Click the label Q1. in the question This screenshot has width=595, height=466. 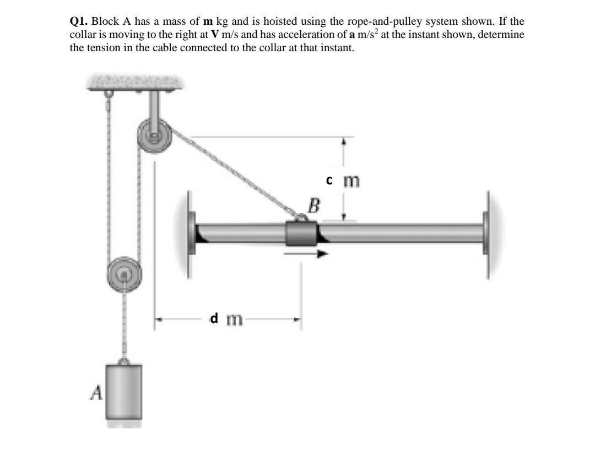tap(79, 22)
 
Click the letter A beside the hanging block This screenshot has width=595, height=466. tap(97, 392)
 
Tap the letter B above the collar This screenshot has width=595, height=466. tap(313, 207)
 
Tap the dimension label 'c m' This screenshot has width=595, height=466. tap(342, 180)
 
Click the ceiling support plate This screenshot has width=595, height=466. tap(136, 82)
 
